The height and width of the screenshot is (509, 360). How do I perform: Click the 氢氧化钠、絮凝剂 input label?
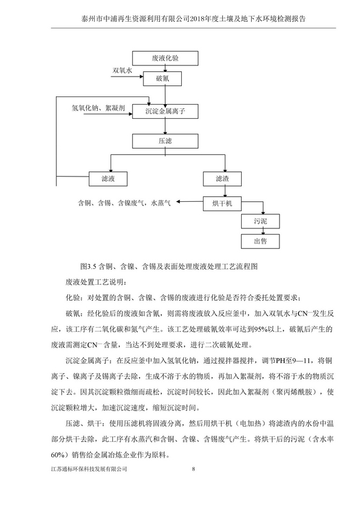(98, 107)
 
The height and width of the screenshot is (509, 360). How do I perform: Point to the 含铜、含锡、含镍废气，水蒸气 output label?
(124, 203)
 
